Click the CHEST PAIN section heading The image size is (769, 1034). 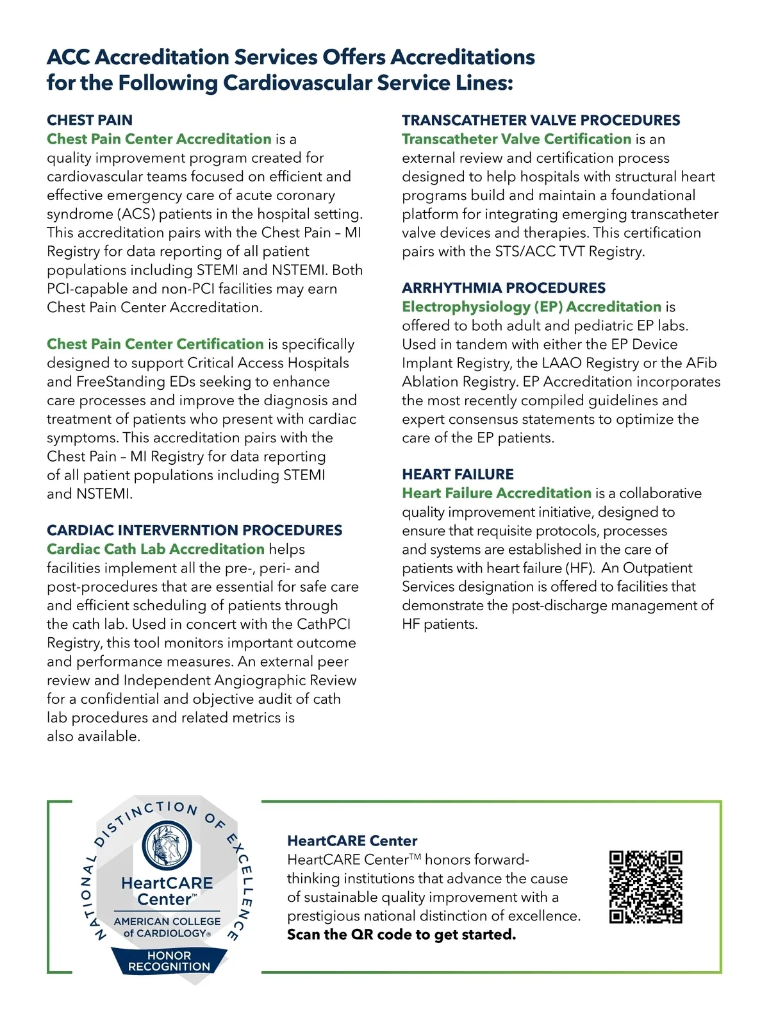coord(90,120)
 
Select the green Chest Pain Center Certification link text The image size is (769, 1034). coord(155,344)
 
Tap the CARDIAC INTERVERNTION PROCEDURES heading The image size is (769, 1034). coord(194,530)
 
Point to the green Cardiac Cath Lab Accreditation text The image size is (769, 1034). coord(156,549)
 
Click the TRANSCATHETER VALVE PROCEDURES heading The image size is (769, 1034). coord(541,120)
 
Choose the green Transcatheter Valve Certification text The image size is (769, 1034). coord(517,139)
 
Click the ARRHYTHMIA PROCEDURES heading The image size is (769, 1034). coord(504,288)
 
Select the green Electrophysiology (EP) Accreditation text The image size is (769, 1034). coord(531,307)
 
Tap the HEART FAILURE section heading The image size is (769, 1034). coord(458,474)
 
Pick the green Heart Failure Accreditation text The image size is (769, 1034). coord(497,494)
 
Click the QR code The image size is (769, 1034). coord(645,887)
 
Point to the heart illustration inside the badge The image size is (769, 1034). coord(167,844)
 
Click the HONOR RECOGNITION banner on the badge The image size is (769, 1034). coord(169,961)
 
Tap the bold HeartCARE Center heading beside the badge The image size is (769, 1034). coord(352,840)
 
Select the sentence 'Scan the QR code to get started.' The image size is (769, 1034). coord(401,935)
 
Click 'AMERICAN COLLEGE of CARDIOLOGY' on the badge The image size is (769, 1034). coord(167,927)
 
